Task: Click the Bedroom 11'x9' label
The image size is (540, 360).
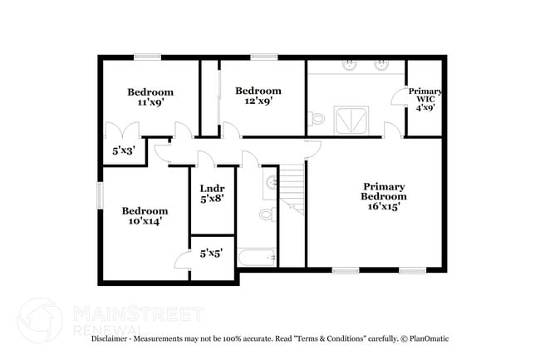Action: (x=150, y=97)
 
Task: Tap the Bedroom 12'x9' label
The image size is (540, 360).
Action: (x=258, y=96)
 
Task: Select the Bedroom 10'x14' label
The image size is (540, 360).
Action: (x=145, y=216)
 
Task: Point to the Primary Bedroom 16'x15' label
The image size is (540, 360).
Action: (x=383, y=196)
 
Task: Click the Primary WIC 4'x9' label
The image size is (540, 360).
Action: (x=425, y=99)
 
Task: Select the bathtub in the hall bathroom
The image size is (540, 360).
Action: (x=257, y=258)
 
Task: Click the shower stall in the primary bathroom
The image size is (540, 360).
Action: (x=349, y=120)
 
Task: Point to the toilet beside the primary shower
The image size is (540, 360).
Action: (x=317, y=120)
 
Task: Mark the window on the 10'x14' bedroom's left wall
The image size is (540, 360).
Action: (x=99, y=195)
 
